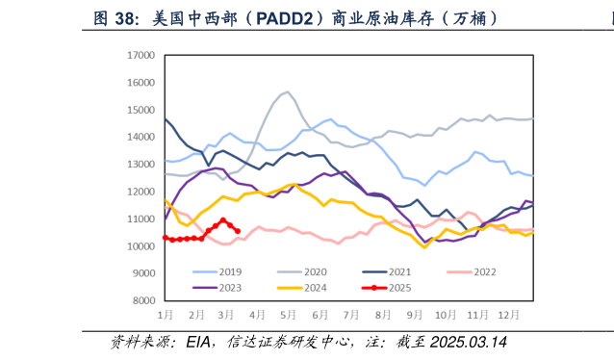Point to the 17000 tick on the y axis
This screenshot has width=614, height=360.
click(141, 56)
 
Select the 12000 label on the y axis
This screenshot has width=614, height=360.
click(141, 192)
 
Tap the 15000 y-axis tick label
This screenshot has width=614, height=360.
click(141, 110)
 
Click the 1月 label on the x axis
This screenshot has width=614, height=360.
click(166, 315)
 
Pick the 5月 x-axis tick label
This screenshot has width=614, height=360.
click(288, 315)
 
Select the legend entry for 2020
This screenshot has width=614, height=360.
click(320, 272)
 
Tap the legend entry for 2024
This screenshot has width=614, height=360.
click(320, 287)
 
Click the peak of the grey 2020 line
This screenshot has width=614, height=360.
click(288, 92)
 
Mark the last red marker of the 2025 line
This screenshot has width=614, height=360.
click(238, 230)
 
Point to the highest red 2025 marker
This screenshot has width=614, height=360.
click(223, 220)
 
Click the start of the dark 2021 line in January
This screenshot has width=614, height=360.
click(166, 119)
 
